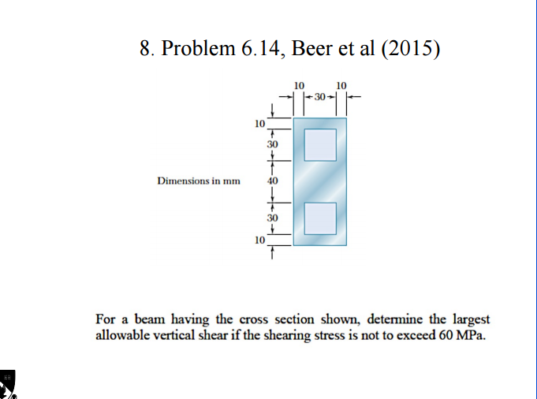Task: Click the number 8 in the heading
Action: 145,49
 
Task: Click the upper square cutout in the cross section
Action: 320,146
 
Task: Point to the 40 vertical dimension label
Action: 272,181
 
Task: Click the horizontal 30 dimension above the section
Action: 319,97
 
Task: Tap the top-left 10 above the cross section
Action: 298,84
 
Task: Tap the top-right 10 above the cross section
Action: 341,84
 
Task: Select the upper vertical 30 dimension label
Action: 272,146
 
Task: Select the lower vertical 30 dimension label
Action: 272,216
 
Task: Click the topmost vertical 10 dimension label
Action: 259,123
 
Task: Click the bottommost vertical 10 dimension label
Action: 259,240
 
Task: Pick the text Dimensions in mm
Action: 198,181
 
